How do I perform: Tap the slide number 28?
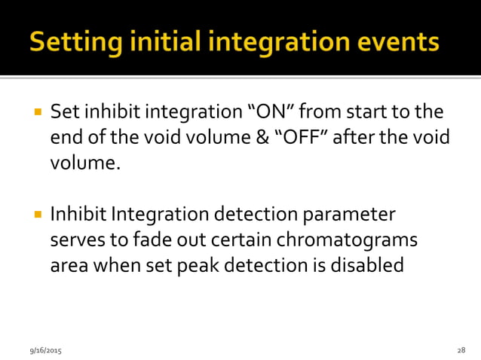pyautogui.click(x=461, y=350)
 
